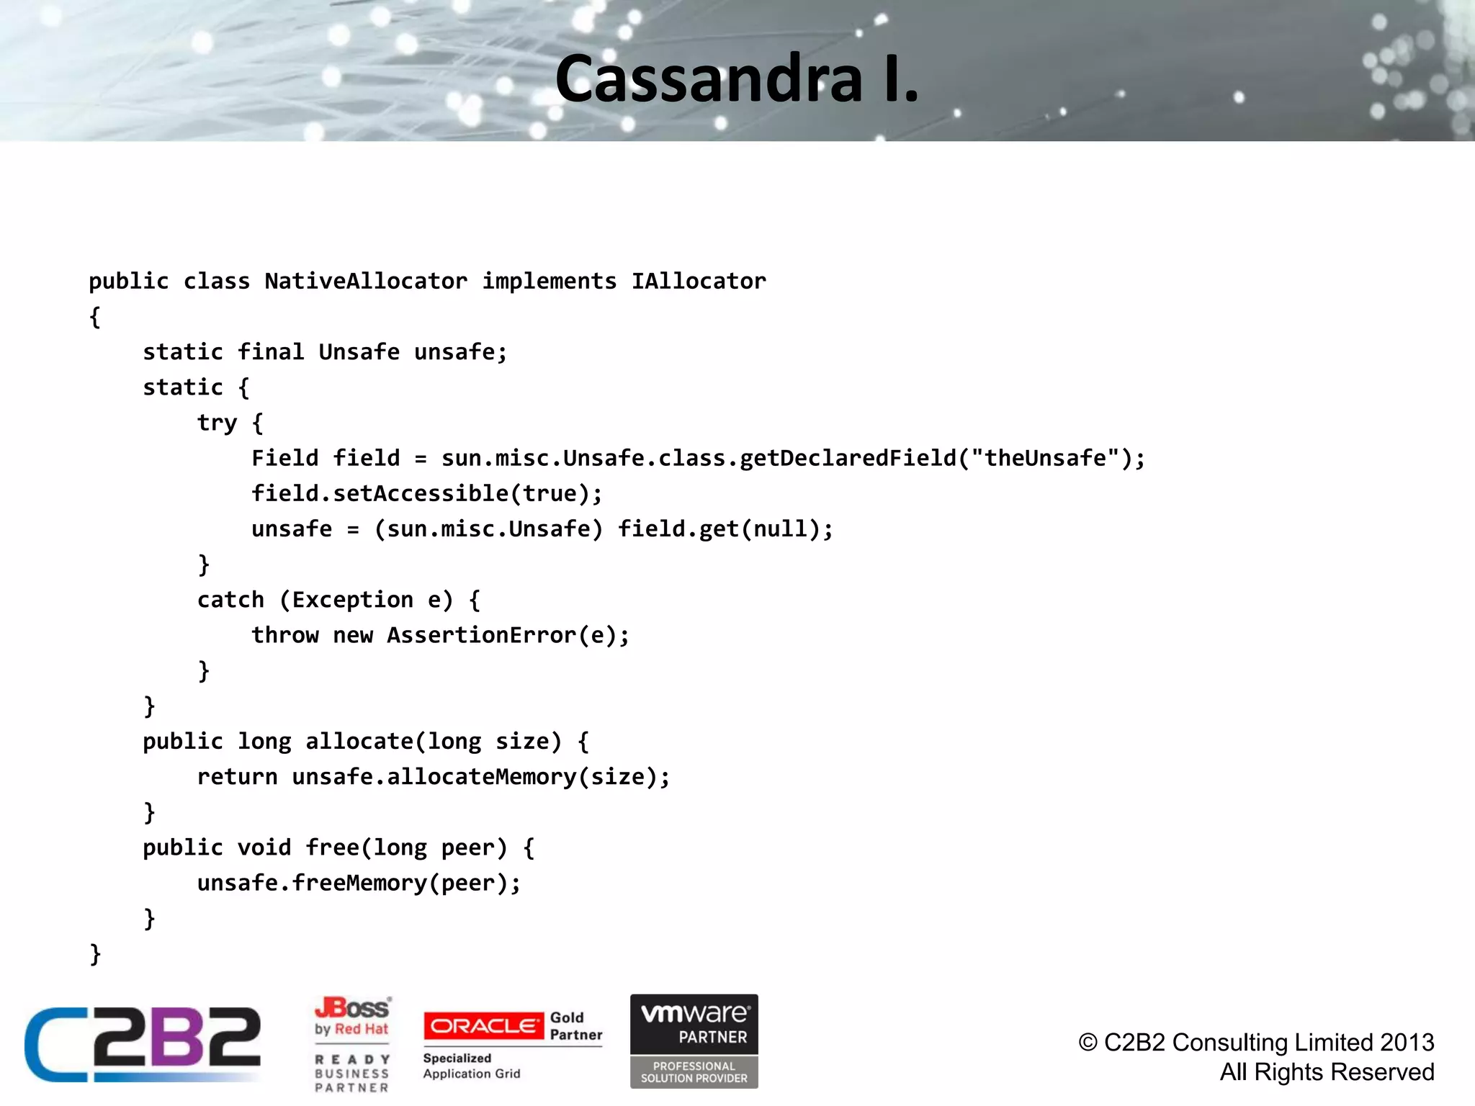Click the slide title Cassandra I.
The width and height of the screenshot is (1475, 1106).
point(737,79)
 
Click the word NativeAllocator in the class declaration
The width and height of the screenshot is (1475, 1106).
point(366,281)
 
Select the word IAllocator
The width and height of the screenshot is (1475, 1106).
point(699,281)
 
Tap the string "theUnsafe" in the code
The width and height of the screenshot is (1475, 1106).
point(1045,458)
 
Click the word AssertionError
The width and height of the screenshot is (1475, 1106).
point(481,635)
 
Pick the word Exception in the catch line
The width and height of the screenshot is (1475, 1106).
point(352,600)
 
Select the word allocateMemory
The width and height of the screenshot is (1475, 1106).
point(482,777)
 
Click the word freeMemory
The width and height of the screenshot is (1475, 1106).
point(359,883)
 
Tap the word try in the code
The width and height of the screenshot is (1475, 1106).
point(217,423)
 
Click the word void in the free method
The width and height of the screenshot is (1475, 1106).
point(264,848)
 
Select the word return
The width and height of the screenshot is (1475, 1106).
point(237,777)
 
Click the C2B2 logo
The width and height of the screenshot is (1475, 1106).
point(143,1043)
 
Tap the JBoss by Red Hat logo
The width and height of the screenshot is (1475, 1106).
point(352,1016)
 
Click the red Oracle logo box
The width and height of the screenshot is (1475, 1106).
point(483,1025)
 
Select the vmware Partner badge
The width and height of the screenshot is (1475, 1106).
point(694,1040)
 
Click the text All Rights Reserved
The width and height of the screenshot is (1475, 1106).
point(1327,1072)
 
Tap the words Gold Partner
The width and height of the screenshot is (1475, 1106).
point(575,1026)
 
